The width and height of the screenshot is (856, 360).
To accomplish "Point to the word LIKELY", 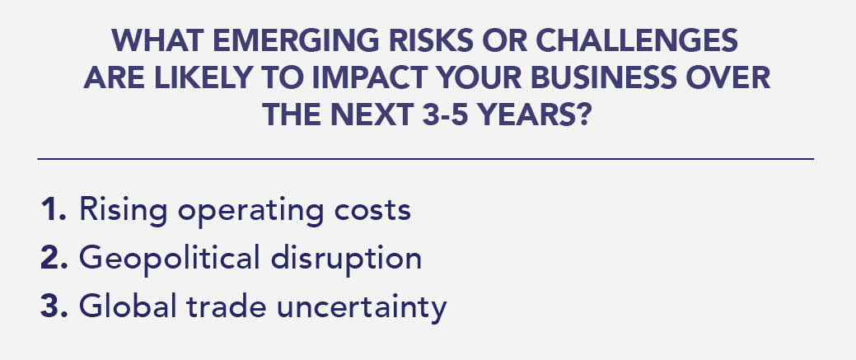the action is pos(202,77).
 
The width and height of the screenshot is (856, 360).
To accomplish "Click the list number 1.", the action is pos(54,209).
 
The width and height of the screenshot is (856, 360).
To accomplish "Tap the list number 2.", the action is pos(54,258).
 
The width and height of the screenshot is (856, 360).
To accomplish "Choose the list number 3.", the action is pos(54,306).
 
